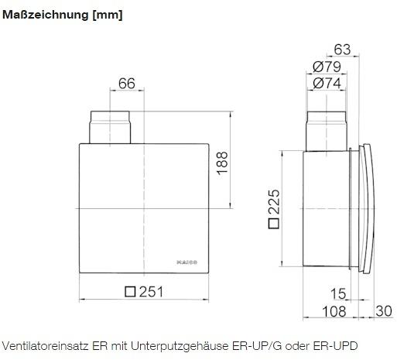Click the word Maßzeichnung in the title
(x=45, y=15)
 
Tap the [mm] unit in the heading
(x=108, y=15)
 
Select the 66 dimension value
(x=127, y=84)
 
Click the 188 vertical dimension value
(x=222, y=163)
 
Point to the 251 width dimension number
(x=151, y=292)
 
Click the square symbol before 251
(x=130, y=292)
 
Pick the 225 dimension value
(x=274, y=201)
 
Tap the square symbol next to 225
(x=274, y=223)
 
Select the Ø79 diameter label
(x=327, y=67)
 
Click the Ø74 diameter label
(x=327, y=83)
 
